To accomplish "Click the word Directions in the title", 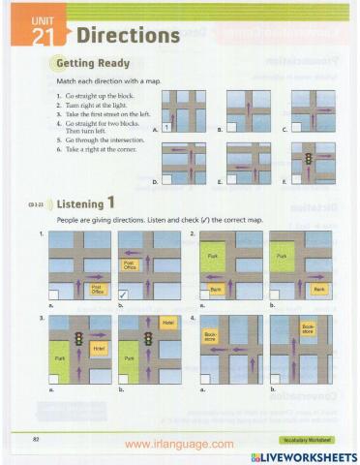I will point(128,36).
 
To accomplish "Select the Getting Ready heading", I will point(96,65).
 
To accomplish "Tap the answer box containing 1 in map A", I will point(167,127).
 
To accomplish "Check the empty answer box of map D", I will point(168,180).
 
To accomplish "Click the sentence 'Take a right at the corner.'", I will point(97,149).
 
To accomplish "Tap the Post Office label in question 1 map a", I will point(96,288).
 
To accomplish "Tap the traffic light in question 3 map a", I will point(77,338).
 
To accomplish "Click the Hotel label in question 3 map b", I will point(168,323).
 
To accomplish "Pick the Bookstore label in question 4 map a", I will point(212,337).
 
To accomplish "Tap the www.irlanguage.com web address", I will point(179,444).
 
